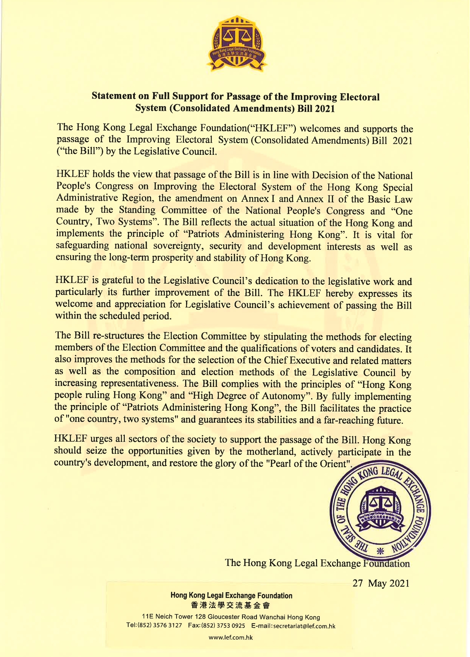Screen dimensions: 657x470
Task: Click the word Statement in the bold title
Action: (x=114, y=96)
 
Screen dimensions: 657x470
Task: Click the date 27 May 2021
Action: (x=381, y=583)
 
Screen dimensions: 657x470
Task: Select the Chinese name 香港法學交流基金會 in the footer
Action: (x=231, y=605)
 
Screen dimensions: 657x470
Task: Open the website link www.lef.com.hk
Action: (x=231, y=637)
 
